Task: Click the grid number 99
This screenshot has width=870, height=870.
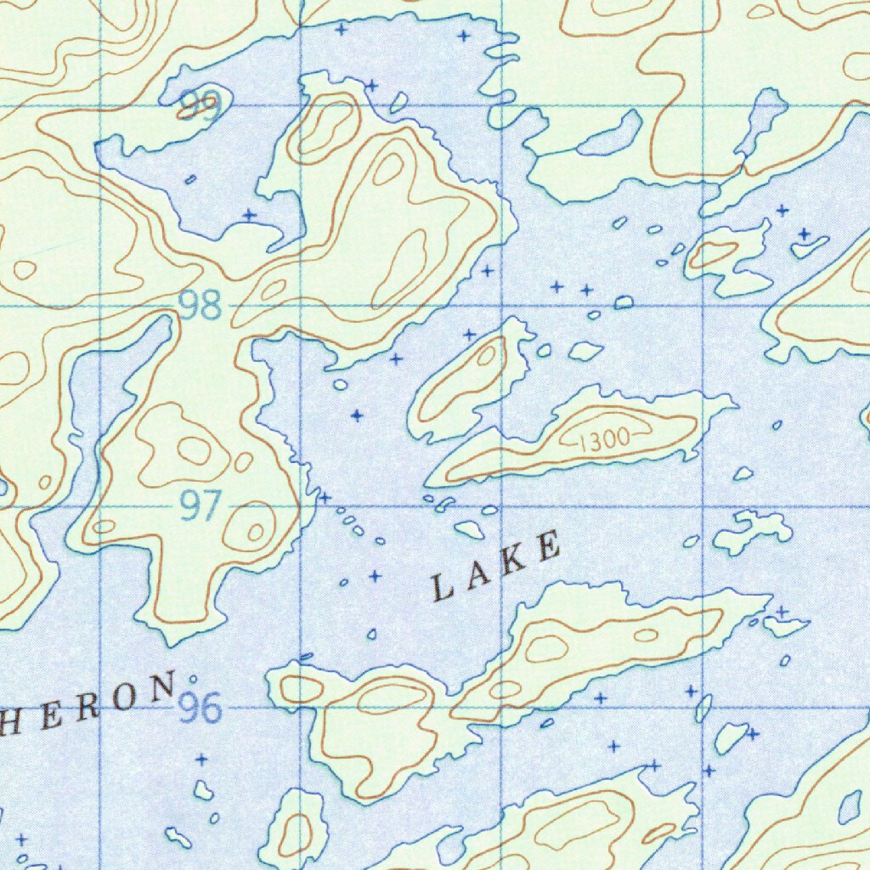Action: pos(201,106)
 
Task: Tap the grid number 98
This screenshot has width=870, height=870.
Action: pos(201,306)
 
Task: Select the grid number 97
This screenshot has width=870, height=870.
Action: pos(201,508)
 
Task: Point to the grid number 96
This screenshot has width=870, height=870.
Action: pos(201,708)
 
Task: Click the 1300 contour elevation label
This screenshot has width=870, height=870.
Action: pos(604,439)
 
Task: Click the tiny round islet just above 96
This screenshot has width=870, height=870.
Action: pos(194,679)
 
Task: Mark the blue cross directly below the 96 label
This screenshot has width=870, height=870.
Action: pos(201,759)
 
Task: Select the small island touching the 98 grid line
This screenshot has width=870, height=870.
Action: pos(624,302)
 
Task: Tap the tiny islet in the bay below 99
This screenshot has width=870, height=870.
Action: pos(191,179)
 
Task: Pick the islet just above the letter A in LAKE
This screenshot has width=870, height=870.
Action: pos(468,530)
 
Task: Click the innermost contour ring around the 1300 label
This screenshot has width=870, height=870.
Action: pos(605,439)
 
